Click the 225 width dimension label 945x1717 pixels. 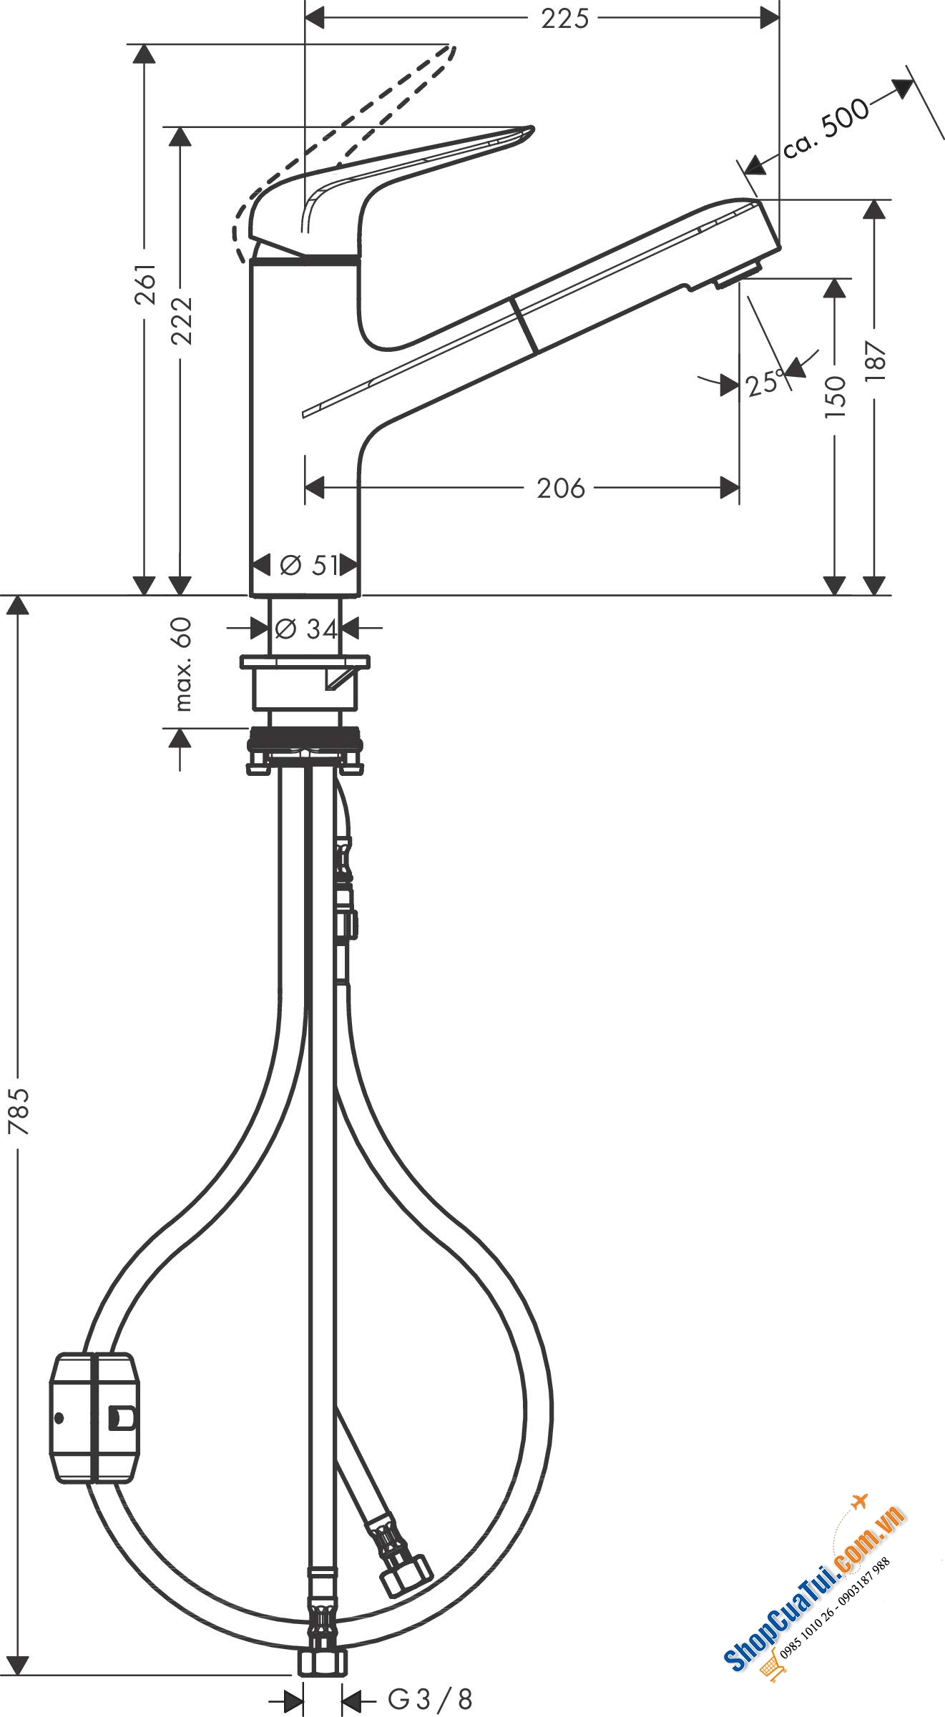click(564, 19)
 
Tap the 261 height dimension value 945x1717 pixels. click(147, 284)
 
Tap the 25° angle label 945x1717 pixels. click(763, 385)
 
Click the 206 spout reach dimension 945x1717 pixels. click(561, 488)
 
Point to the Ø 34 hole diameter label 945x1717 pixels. click(306, 629)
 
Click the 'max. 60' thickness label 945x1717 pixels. click(183, 664)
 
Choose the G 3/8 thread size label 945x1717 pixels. click(430, 1698)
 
